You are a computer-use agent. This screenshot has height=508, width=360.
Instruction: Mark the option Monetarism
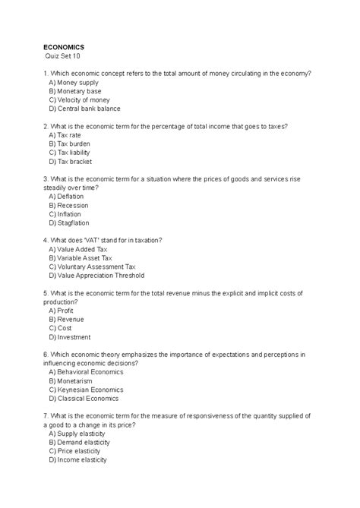[x=72, y=380]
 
